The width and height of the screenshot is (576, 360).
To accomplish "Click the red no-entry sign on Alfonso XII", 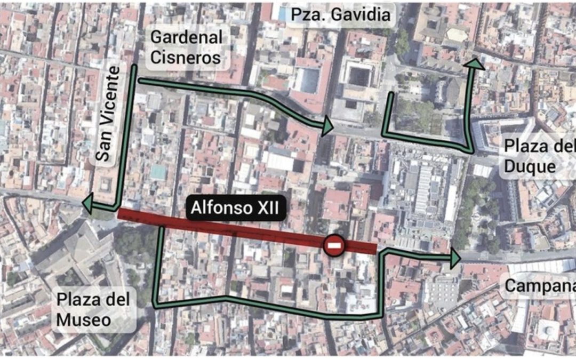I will pyautogui.click(x=334, y=246).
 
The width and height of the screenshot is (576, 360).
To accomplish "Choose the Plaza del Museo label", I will pyautogui.click(x=93, y=309).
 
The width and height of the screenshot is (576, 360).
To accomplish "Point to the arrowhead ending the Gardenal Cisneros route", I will pyautogui.click(x=327, y=126).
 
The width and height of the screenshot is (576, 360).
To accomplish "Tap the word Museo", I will pyautogui.click(x=84, y=319).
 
